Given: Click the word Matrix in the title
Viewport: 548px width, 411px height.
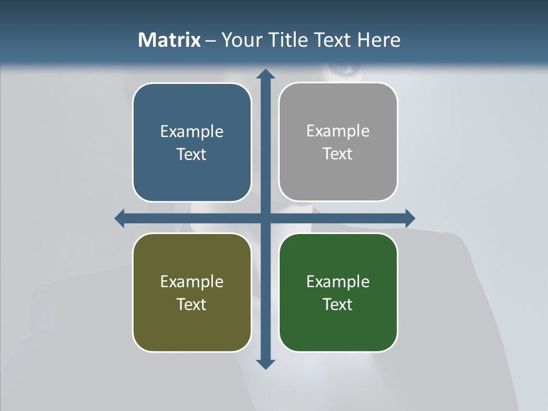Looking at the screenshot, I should [170, 40].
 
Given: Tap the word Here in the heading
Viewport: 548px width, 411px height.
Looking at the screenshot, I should [379, 40].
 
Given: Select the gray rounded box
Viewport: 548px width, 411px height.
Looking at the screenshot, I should [338, 177].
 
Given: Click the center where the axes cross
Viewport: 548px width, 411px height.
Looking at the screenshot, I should [265, 218].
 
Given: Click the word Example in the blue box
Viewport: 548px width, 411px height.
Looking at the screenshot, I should [192, 132].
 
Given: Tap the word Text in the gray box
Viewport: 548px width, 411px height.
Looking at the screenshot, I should [338, 154].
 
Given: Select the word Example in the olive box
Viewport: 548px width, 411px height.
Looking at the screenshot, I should [192, 282].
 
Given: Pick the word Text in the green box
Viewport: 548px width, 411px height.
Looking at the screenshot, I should [338, 304].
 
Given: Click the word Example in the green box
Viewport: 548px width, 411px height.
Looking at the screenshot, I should [338, 282].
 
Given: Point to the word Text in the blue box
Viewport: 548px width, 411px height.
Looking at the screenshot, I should [192, 155].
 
